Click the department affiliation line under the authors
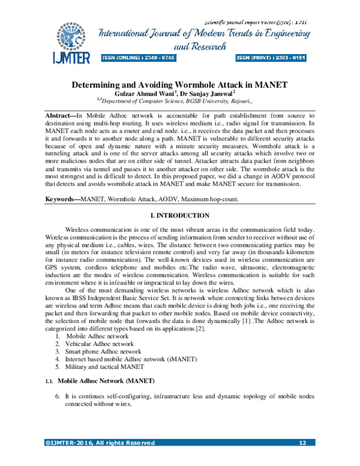coord(180,102)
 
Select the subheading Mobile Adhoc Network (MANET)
coord(106,382)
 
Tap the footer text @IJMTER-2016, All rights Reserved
coord(100,443)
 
